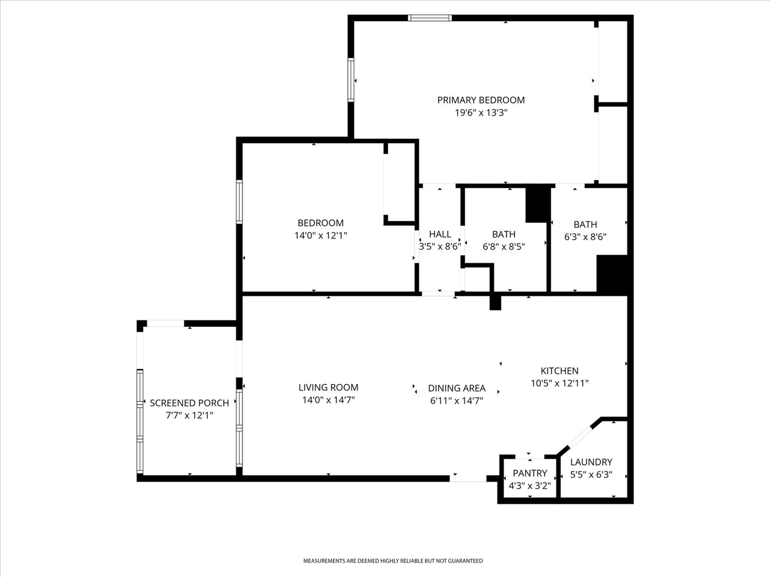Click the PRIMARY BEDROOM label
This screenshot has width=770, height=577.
(x=481, y=100)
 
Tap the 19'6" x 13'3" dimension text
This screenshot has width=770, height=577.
(x=481, y=112)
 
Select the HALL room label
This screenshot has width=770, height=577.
(x=440, y=234)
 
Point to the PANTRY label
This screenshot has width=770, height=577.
(x=529, y=473)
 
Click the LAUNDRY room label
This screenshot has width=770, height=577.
(x=591, y=462)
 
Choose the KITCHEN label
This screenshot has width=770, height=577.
(x=559, y=371)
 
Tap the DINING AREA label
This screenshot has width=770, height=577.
(x=457, y=388)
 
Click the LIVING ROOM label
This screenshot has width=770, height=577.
(x=328, y=388)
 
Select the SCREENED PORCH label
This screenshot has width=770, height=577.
(x=189, y=403)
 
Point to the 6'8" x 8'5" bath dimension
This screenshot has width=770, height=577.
(x=504, y=246)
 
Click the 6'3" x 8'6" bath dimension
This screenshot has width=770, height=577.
(x=585, y=237)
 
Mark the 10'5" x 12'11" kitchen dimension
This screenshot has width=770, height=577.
(x=559, y=383)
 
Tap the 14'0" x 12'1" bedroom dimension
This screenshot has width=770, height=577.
(x=321, y=236)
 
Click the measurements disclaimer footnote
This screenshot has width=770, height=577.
(x=392, y=561)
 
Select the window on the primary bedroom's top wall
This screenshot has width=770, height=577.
(x=430, y=17)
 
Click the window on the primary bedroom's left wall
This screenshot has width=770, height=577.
(x=350, y=80)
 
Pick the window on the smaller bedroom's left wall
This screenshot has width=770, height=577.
(x=239, y=203)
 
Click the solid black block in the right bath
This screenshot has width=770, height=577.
(x=612, y=275)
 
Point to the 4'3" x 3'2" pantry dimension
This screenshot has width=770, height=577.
(x=529, y=486)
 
